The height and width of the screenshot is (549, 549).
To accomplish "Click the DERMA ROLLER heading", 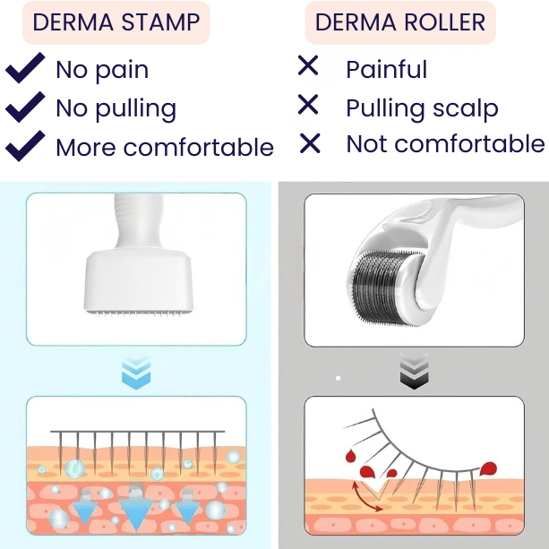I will pyautogui.click(x=399, y=22).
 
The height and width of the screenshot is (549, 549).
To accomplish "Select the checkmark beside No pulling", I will pyautogui.click(x=25, y=107).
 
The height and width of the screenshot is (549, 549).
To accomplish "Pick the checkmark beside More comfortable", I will pyautogui.click(x=25, y=144).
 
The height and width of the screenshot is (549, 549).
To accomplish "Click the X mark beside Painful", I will pyautogui.click(x=308, y=65).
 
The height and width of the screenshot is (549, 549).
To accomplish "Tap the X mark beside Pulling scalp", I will pyautogui.click(x=308, y=106).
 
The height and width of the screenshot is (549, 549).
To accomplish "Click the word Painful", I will pyautogui.click(x=386, y=69).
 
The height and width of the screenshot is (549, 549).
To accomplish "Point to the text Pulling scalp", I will pyautogui.click(x=422, y=108).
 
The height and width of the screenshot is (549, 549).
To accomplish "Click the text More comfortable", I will pyautogui.click(x=165, y=147).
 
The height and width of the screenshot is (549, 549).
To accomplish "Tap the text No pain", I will pyautogui.click(x=102, y=70).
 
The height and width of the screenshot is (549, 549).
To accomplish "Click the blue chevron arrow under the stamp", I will pyautogui.click(x=136, y=372).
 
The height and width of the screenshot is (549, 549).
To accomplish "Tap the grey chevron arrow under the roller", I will pyautogui.click(x=413, y=372).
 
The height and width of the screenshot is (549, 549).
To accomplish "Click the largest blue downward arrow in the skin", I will pyautogui.click(x=136, y=513).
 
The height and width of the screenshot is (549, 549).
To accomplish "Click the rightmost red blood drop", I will pyautogui.click(x=487, y=468).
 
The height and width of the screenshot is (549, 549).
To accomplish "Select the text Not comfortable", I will pyautogui.click(x=445, y=143).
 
